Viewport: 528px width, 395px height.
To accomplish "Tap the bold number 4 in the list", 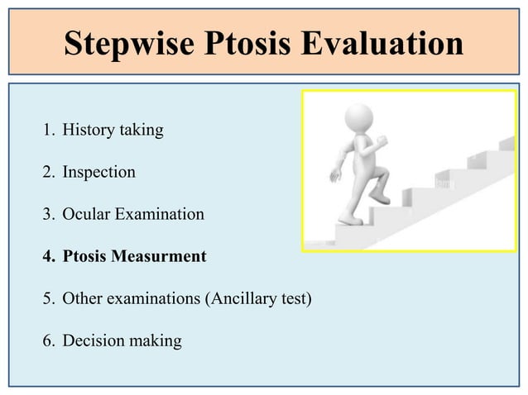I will coord(47,256).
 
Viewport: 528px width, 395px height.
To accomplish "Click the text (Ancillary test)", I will coord(257,298).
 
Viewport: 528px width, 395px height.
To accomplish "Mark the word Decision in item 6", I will coord(93,340).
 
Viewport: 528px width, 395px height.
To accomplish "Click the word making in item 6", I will coord(154,340).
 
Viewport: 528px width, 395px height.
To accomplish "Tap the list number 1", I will coord(47,130).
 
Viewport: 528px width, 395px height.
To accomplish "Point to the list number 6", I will coord(47,340).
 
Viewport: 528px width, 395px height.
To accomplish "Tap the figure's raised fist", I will coord(382,142).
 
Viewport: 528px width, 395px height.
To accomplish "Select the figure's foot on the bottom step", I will coord(348,220).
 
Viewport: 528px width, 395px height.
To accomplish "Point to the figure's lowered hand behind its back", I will coord(335,176).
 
